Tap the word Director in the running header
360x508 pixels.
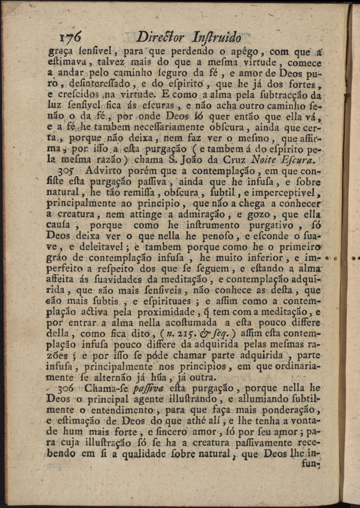(x=161, y=37)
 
